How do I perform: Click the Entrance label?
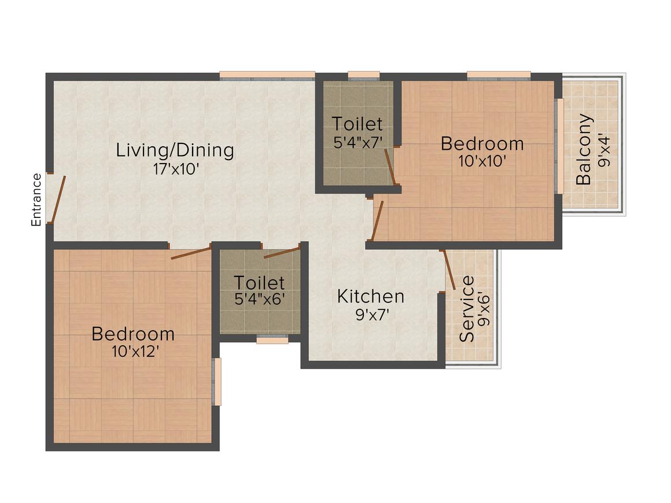36,199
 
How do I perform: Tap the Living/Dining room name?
175,150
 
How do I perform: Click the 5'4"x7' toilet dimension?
359,143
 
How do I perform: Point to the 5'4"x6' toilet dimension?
259,301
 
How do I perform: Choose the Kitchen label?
371,296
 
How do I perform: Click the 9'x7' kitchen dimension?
371,315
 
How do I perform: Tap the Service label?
466,309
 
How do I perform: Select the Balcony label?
584,150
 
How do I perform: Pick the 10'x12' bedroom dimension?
135,352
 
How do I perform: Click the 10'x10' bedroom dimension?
482,162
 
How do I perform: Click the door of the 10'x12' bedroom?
191,253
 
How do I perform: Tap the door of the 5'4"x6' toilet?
282,252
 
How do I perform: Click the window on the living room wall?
267,75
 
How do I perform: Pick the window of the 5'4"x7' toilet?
363,75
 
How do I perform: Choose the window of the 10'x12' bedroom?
217,382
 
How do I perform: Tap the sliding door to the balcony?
559,146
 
